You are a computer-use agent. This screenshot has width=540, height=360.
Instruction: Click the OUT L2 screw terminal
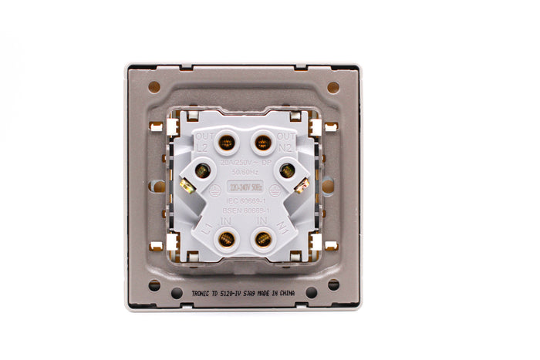point(226,143)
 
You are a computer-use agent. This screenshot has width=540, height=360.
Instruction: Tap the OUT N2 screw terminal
point(262,143)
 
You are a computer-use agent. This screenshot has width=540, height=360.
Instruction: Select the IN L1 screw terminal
point(226,239)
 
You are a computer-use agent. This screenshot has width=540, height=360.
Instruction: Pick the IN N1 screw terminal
point(262,239)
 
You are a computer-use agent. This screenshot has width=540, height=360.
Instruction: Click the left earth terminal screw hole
point(202,171)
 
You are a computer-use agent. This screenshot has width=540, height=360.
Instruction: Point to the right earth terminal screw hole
point(287,170)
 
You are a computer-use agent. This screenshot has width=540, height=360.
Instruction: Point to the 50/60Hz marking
point(244,173)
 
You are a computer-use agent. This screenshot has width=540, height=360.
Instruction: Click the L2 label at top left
point(202,146)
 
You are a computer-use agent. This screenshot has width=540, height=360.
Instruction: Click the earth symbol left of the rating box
point(217,187)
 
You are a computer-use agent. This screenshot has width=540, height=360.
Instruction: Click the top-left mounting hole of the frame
point(154,87)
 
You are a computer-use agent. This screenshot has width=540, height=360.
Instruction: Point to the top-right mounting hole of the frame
point(332,87)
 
